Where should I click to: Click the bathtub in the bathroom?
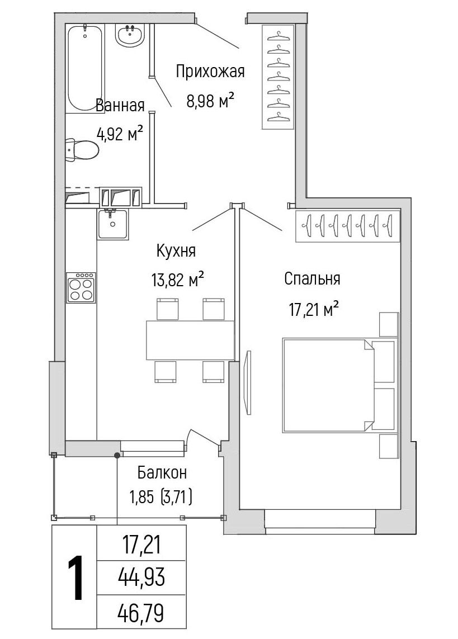(85, 67)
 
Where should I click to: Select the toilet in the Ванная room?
(82, 150)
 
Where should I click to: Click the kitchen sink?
(113, 224)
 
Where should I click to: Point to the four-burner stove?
(81, 287)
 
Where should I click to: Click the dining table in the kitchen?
(190, 340)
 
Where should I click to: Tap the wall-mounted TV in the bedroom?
(248, 382)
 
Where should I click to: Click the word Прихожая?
(210, 72)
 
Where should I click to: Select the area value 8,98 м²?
(210, 100)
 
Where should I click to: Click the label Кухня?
(176, 251)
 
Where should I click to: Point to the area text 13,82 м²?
(177, 281)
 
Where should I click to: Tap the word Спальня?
(312, 279)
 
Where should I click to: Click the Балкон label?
(162, 473)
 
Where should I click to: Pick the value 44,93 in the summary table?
(141, 577)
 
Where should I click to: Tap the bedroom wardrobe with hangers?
(348, 226)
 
